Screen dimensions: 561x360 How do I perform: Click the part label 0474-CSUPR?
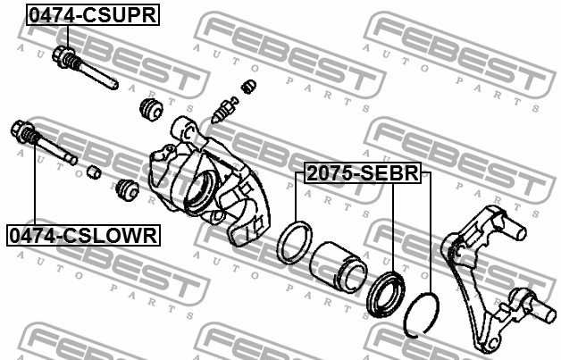click(93, 14)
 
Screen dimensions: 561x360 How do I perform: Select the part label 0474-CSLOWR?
click(83, 236)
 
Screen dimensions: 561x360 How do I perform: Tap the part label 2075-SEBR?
click(363, 172)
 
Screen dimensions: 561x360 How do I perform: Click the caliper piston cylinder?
click(338, 265)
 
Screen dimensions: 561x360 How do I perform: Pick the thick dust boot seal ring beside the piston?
click(386, 294)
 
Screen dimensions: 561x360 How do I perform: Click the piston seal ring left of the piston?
click(295, 242)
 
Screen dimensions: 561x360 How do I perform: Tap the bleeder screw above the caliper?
click(224, 110)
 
